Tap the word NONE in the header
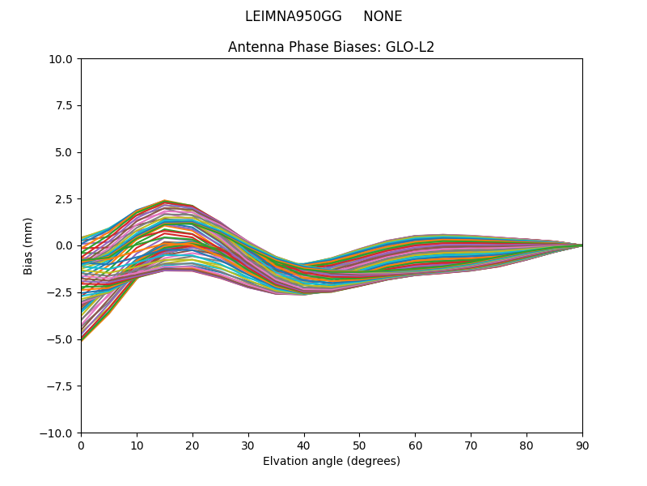click(383, 16)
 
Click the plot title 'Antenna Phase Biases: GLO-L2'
click(331, 47)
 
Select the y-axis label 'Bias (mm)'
click(28, 245)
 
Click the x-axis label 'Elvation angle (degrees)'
click(331, 462)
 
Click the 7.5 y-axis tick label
click(65, 105)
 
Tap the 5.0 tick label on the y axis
click(65, 152)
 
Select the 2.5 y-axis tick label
click(65, 199)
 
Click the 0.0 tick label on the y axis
click(65, 245)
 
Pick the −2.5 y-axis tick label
click(61, 292)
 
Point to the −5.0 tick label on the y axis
click(61, 339)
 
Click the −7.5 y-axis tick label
click(61, 386)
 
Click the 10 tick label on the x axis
click(137, 446)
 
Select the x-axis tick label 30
click(248, 446)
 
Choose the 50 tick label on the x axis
click(359, 446)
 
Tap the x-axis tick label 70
click(471, 446)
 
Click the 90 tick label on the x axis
click(582, 446)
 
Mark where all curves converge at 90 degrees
click(581, 245)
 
